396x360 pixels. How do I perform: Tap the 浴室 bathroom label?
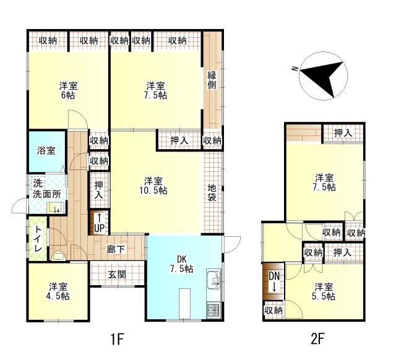pos(46,150)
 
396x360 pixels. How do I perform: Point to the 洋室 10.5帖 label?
pos(155,186)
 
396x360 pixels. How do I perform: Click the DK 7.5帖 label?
pos(182,264)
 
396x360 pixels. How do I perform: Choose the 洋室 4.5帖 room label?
pos(59,291)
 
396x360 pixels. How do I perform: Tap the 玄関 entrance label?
pos(117,273)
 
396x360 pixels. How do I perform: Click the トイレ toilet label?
pos(37,239)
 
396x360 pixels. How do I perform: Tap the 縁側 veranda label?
pos(212,80)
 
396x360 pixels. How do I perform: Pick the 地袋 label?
pos(212,193)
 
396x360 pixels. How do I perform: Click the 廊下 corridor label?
pos(116,250)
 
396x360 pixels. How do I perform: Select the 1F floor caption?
pos(118,339)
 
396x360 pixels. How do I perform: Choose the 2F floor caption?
pos(317,339)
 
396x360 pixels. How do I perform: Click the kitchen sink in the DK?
pos(215,281)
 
